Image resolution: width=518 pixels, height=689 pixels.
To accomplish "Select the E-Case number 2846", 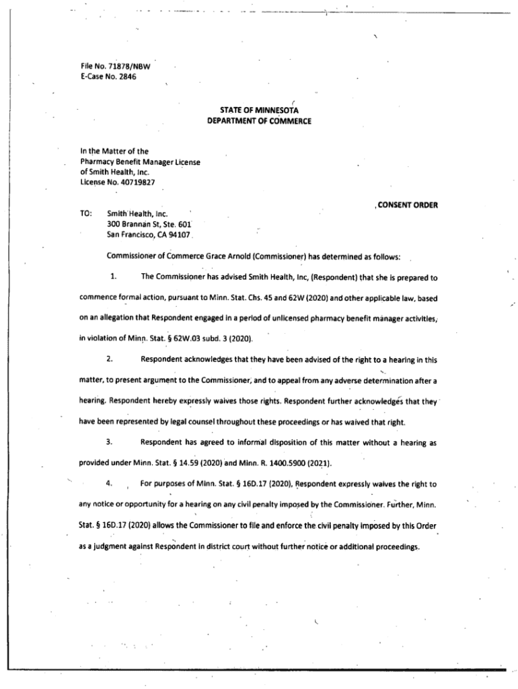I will tap(126, 77).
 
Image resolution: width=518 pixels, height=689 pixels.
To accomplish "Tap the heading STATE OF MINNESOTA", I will tap(259, 110).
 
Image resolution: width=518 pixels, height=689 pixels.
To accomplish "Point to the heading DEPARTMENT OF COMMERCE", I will tap(259, 121).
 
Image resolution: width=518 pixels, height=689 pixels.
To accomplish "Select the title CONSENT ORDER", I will tap(406, 205).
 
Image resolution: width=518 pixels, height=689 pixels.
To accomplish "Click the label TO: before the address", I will tap(85, 213).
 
